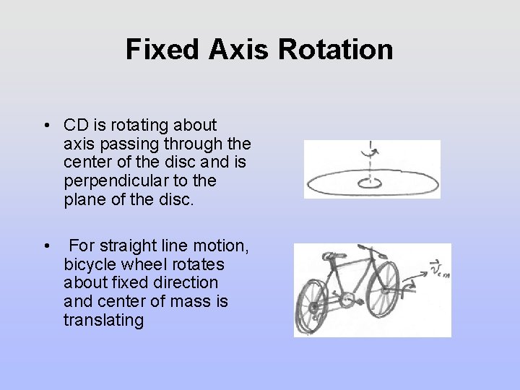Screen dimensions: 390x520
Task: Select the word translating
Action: click(x=104, y=320)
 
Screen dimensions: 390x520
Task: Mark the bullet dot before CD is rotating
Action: click(x=46, y=126)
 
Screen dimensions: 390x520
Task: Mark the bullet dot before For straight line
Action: click(x=46, y=247)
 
